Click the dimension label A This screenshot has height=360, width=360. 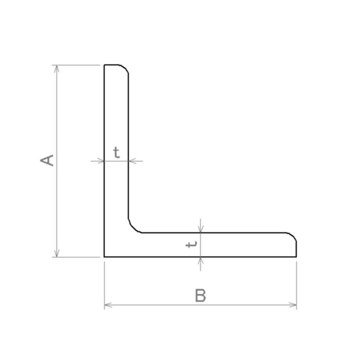(x=47, y=160)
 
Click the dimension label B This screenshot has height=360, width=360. (x=200, y=295)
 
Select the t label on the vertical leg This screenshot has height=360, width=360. (x=117, y=153)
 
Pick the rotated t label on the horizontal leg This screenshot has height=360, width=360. (x=191, y=245)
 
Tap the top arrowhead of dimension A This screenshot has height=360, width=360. (x=57, y=68)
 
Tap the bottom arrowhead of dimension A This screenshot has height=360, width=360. (x=57, y=253)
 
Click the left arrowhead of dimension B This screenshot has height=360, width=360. (x=108, y=305)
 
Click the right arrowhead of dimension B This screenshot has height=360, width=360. (x=293, y=305)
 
